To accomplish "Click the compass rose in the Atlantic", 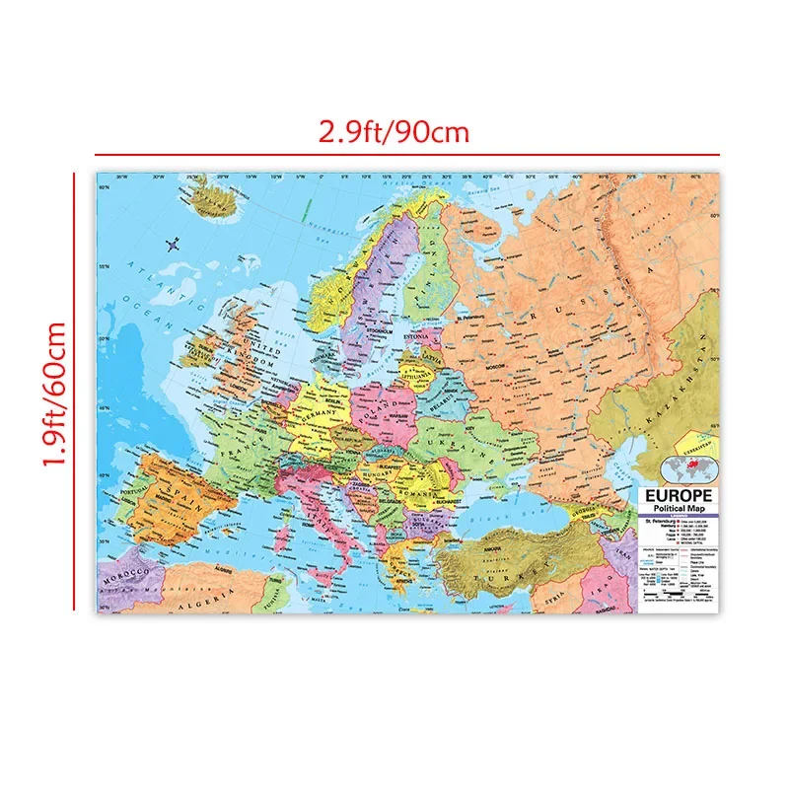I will coord(175,244).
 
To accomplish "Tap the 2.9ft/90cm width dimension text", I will coord(394,130).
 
